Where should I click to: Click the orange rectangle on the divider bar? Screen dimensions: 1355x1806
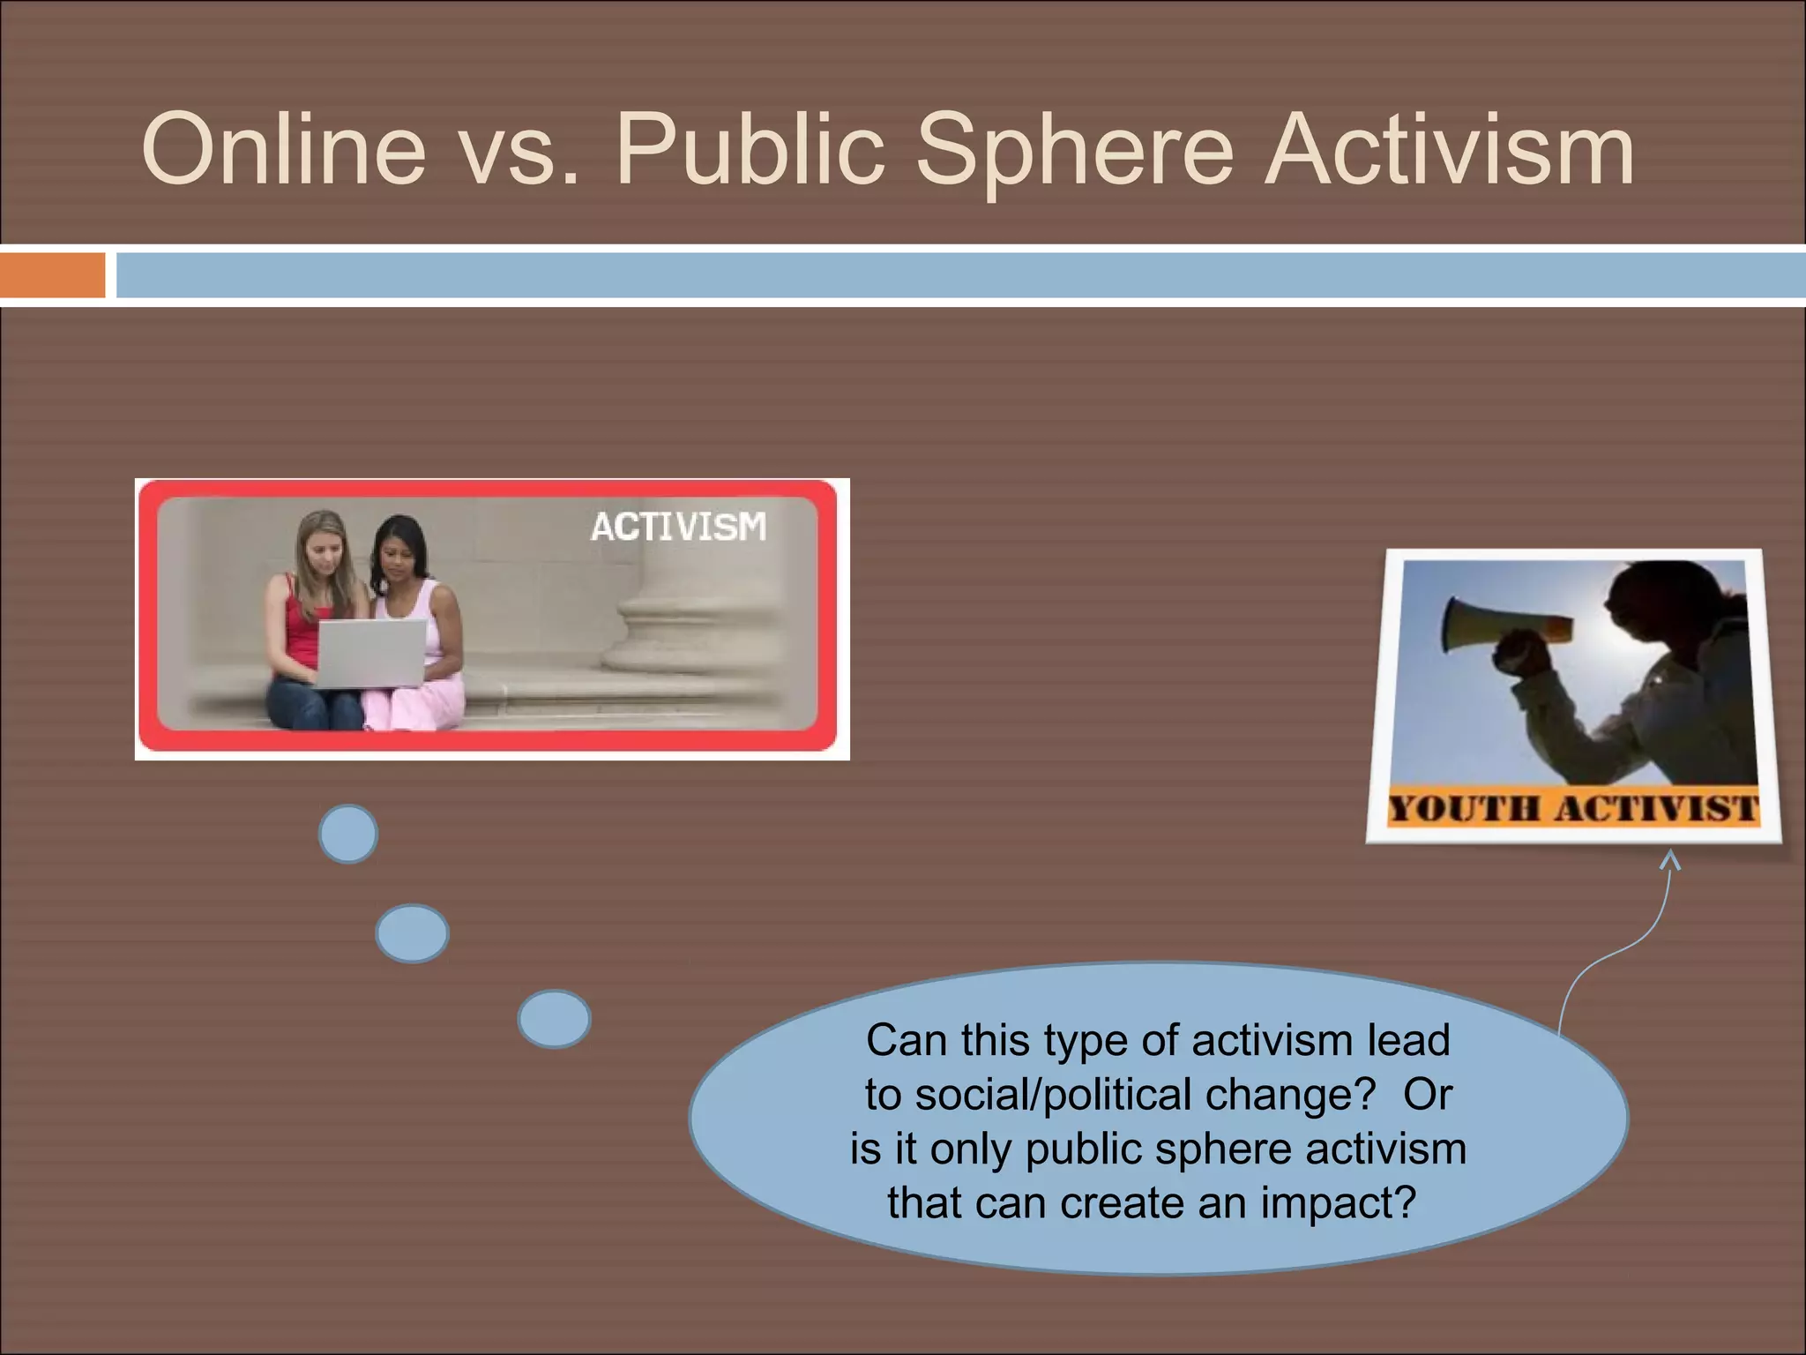(52, 275)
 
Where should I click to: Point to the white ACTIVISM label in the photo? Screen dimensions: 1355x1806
(678, 527)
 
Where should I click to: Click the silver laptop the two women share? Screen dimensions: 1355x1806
(370, 653)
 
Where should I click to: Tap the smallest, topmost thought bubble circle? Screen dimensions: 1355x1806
(348, 834)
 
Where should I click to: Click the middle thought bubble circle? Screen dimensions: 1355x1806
(412, 932)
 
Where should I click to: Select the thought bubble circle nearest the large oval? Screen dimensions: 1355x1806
(554, 1019)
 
